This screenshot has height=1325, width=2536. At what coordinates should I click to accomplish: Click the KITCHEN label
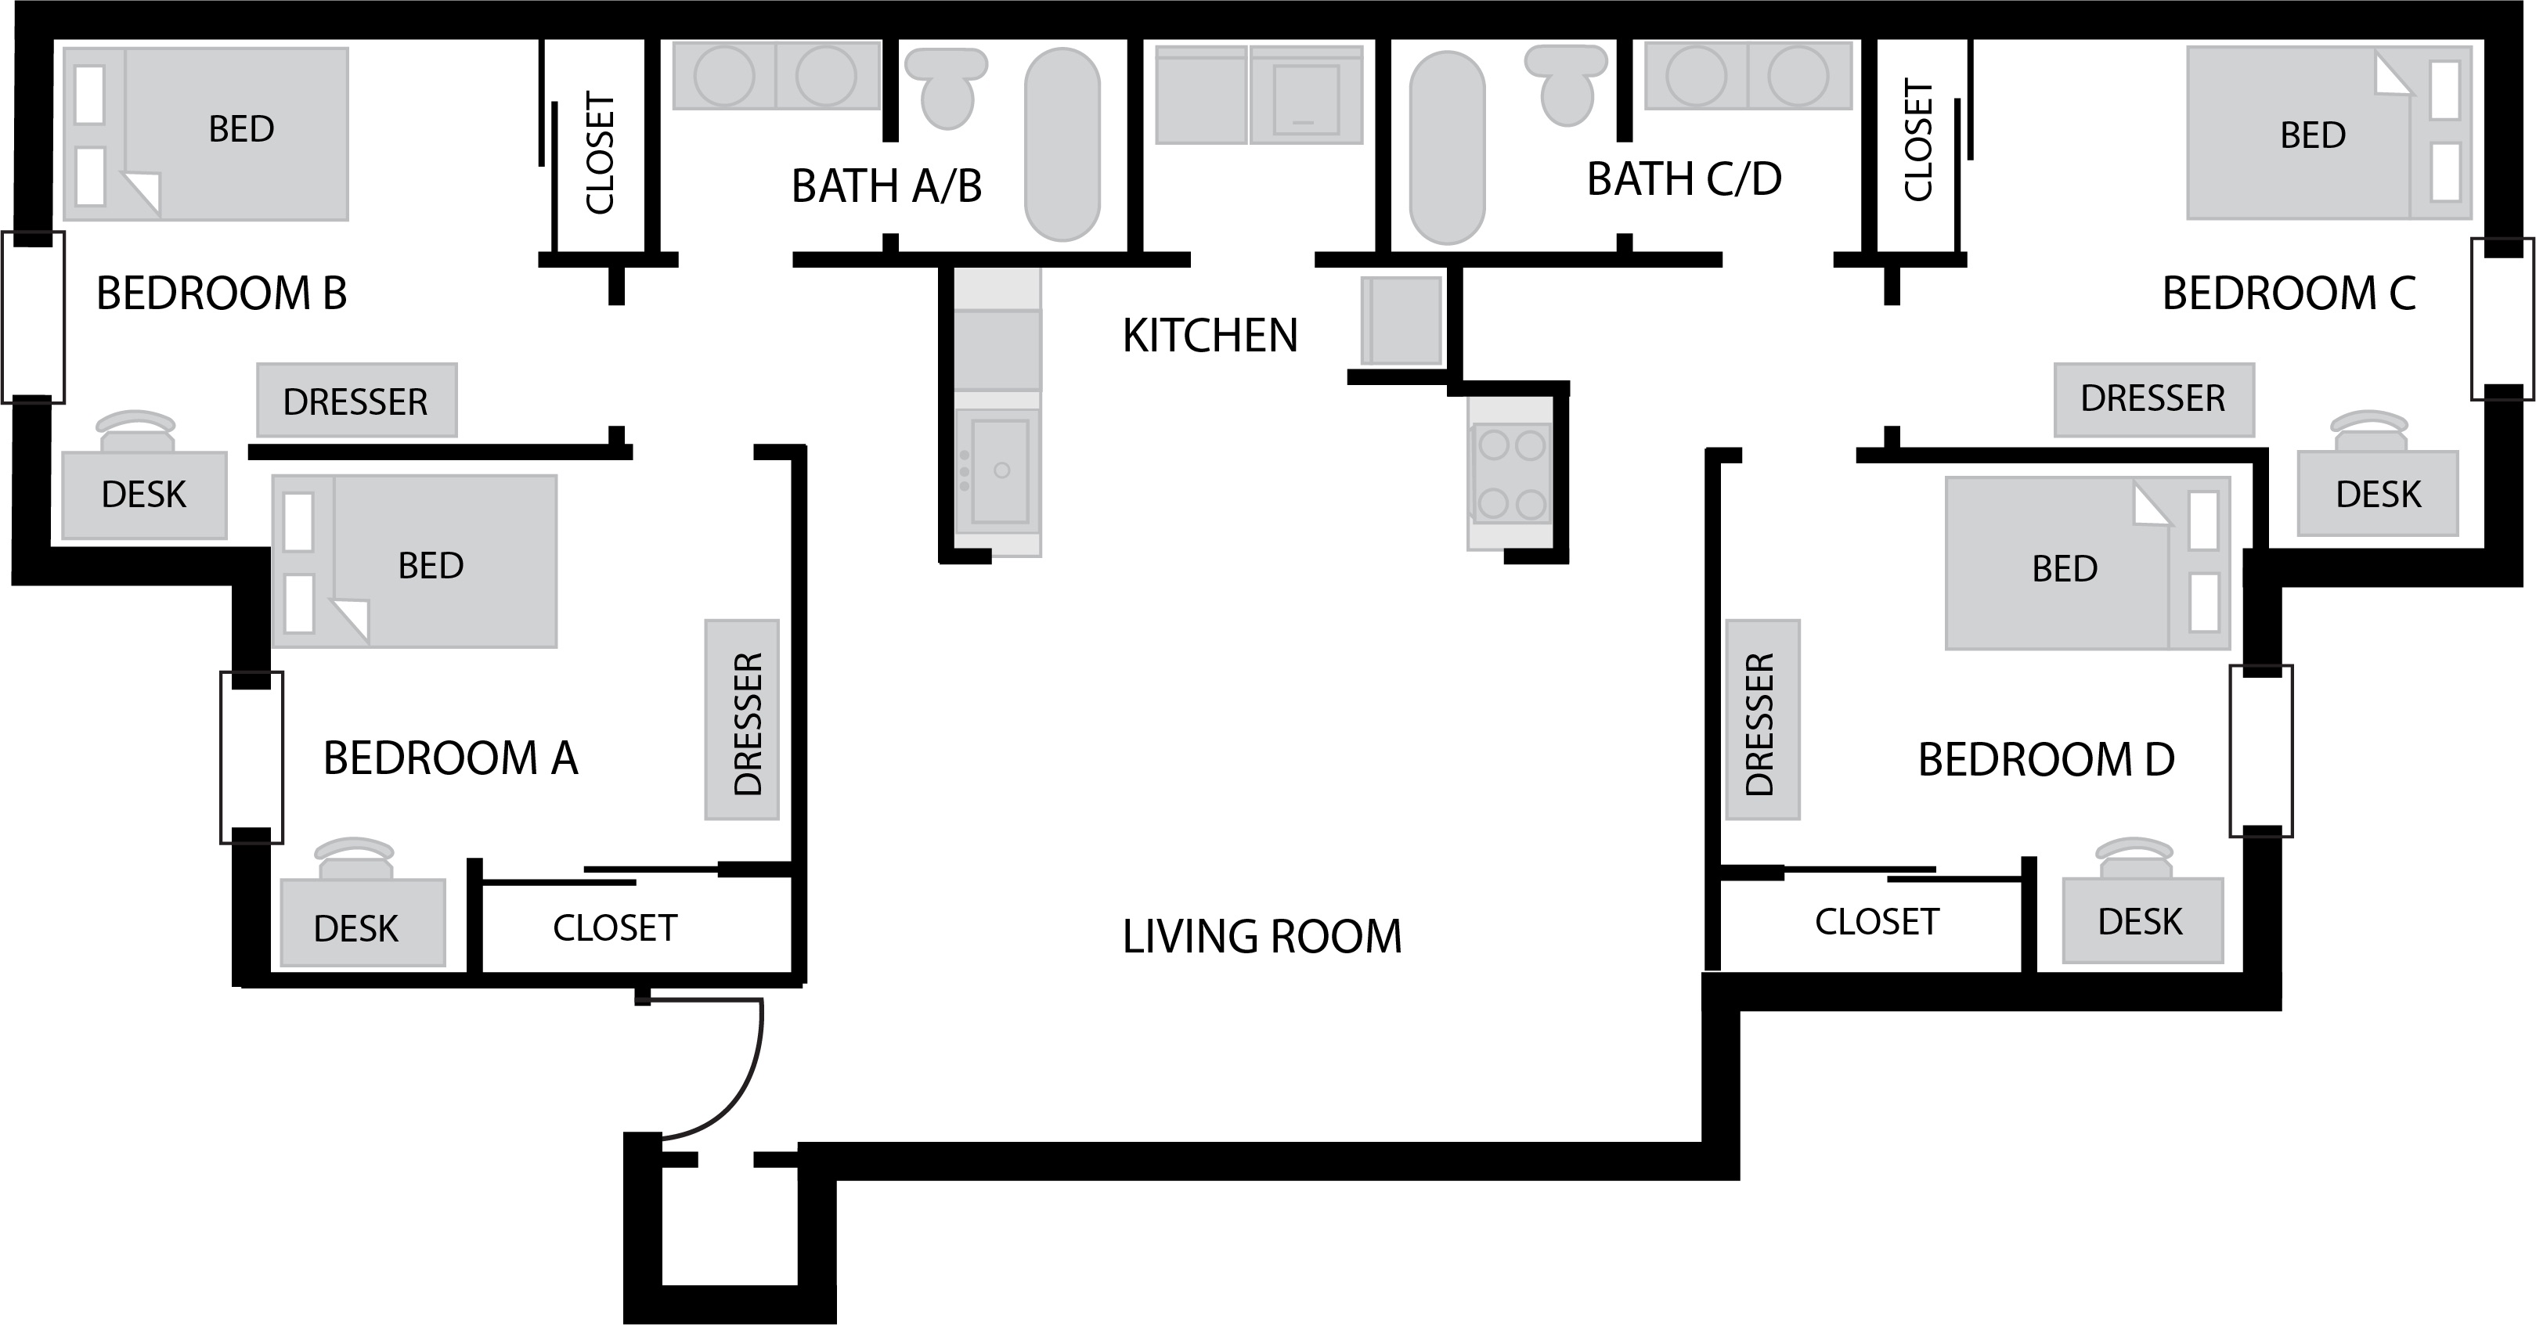click(1210, 336)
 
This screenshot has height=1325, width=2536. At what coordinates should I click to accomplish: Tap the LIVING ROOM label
click(1262, 936)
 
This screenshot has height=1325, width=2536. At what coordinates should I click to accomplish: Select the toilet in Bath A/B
click(945, 88)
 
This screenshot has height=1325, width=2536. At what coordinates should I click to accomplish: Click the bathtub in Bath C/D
click(1446, 146)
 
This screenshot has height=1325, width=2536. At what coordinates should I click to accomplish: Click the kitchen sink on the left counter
click(998, 470)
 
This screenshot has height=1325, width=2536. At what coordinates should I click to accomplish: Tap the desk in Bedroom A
click(363, 921)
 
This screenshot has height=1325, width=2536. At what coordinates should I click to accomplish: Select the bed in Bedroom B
click(206, 134)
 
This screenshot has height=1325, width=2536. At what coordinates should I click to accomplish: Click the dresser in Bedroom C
click(2154, 398)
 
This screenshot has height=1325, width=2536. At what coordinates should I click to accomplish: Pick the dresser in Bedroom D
click(1762, 719)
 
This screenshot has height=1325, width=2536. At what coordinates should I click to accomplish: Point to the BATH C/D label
click(1684, 179)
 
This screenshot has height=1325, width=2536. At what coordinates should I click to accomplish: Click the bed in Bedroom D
click(2087, 563)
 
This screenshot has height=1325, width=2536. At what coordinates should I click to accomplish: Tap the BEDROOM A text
click(450, 758)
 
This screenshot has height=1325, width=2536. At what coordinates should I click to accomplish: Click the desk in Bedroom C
click(2378, 492)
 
